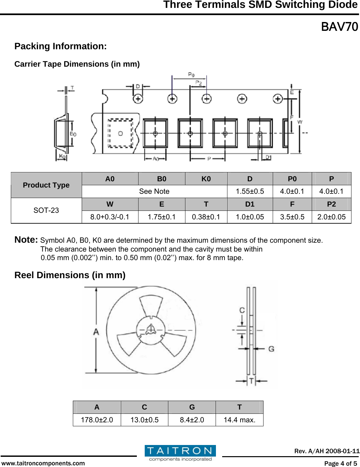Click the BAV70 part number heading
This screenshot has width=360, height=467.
click(339, 27)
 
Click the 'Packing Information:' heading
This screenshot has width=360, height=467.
click(60, 46)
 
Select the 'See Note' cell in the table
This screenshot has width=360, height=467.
click(154, 191)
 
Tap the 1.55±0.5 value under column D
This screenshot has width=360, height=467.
click(250, 191)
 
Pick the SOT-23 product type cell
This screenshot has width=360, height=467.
click(46, 210)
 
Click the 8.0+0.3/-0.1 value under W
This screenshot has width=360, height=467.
click(110, 217)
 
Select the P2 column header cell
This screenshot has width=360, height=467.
click(331, 204)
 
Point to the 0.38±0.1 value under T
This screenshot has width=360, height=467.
click(206, 217)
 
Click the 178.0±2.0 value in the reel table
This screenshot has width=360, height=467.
click(97, 420)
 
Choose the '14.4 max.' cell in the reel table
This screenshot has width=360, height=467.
click(240, 420)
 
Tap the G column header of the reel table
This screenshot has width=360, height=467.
click(192, 407)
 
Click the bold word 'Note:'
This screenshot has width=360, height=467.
click(26, 240)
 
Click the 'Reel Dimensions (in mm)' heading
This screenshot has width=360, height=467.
click(70, 275)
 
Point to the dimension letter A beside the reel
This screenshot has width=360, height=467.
click(96, 332)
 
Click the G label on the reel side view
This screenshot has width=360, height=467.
click(271, 349)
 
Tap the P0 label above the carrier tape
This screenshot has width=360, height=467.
click(191, 75)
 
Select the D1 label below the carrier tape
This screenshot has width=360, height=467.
click(268, 157)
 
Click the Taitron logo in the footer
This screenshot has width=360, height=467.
click(180, 453)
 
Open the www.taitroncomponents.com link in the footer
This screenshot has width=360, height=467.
click(43, 463)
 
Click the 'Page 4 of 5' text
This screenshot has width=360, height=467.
click(340, 463)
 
